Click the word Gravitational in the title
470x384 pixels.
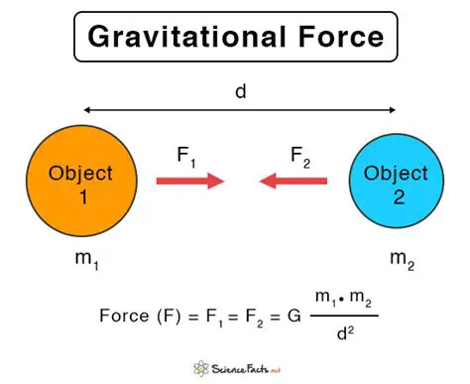(x=186, y=39)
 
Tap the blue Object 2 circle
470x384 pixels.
(x=396, y=184)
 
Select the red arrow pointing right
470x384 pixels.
(x=188, y=183)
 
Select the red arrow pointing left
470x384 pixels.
(x=294, y=183)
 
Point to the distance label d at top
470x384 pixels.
(x=240, y=91)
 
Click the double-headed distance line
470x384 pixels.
(x=240, y=110)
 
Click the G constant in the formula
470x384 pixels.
(x=292, y=317)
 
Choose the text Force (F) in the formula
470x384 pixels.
(x=138, y=317)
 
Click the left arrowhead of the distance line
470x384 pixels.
(x=87, y=110)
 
